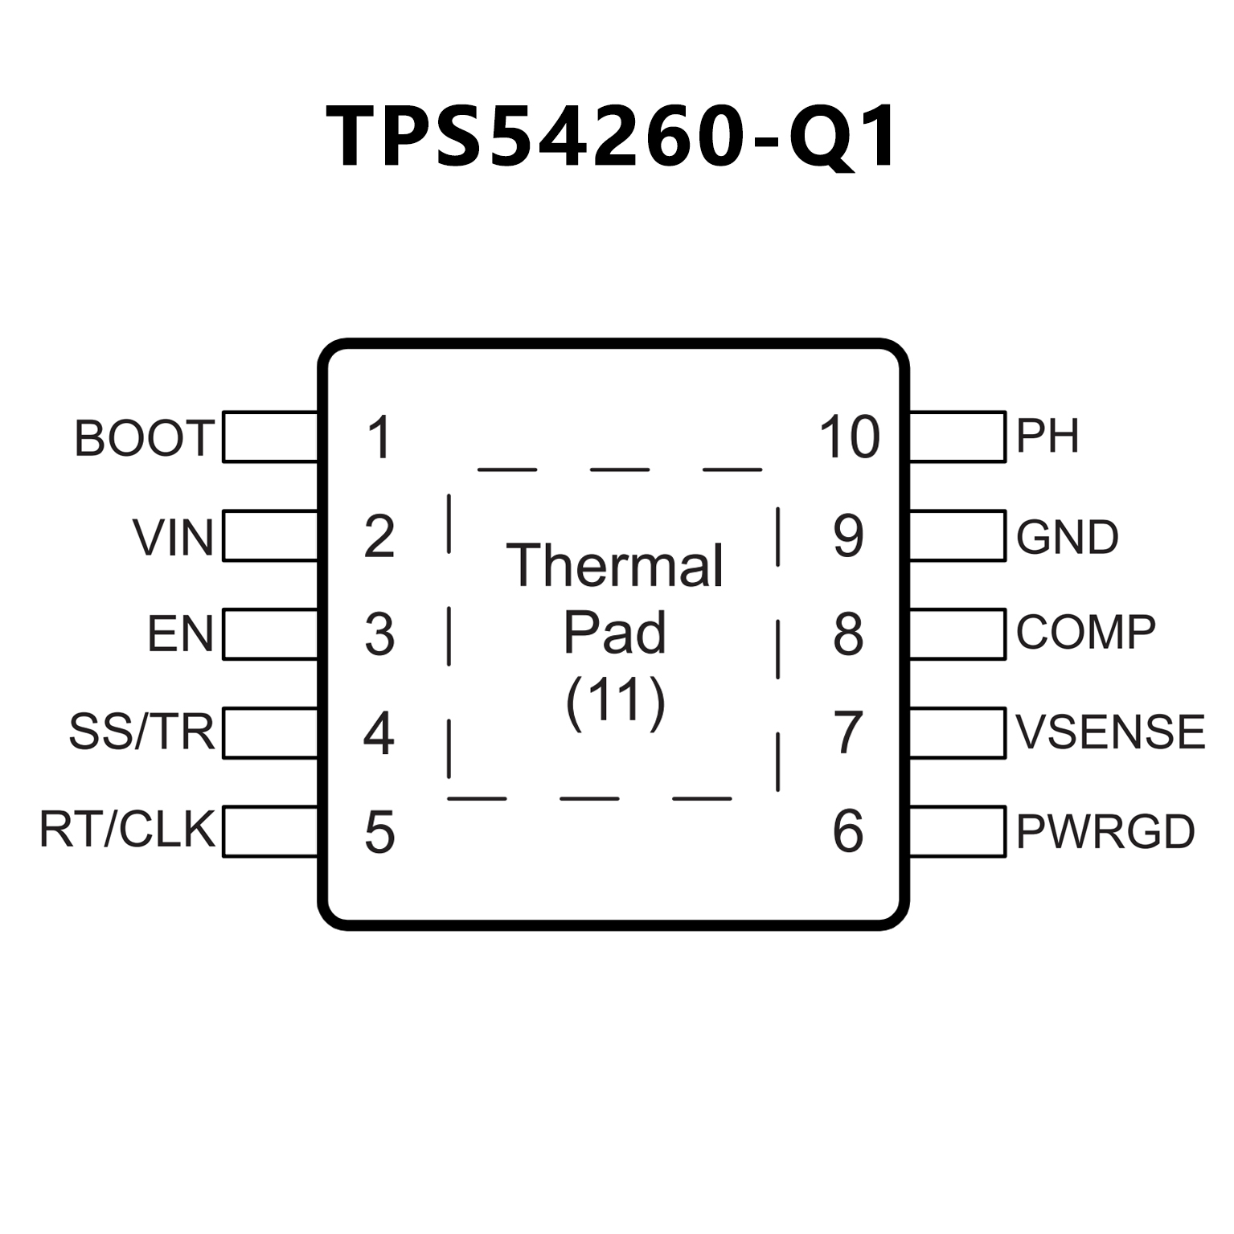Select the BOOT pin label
[145, 438]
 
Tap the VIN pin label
[173, 537]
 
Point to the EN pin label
[180, 634]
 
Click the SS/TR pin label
[141, 732]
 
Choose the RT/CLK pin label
[127, 830]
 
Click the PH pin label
[1047, 436]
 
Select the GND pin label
[1067, 537]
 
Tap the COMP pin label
[1085, 633]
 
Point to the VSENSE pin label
[1110, 732]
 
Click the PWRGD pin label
[1105, 831]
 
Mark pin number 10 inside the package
[849, 438]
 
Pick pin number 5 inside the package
[379, 833]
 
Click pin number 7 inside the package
[849, 733]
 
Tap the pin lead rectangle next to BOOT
[270, 437]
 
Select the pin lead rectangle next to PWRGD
[957, 831]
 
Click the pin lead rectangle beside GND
[957, 535]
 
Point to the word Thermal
[615, 565]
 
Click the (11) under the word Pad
[616, 702]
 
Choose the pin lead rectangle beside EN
[270, 634]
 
